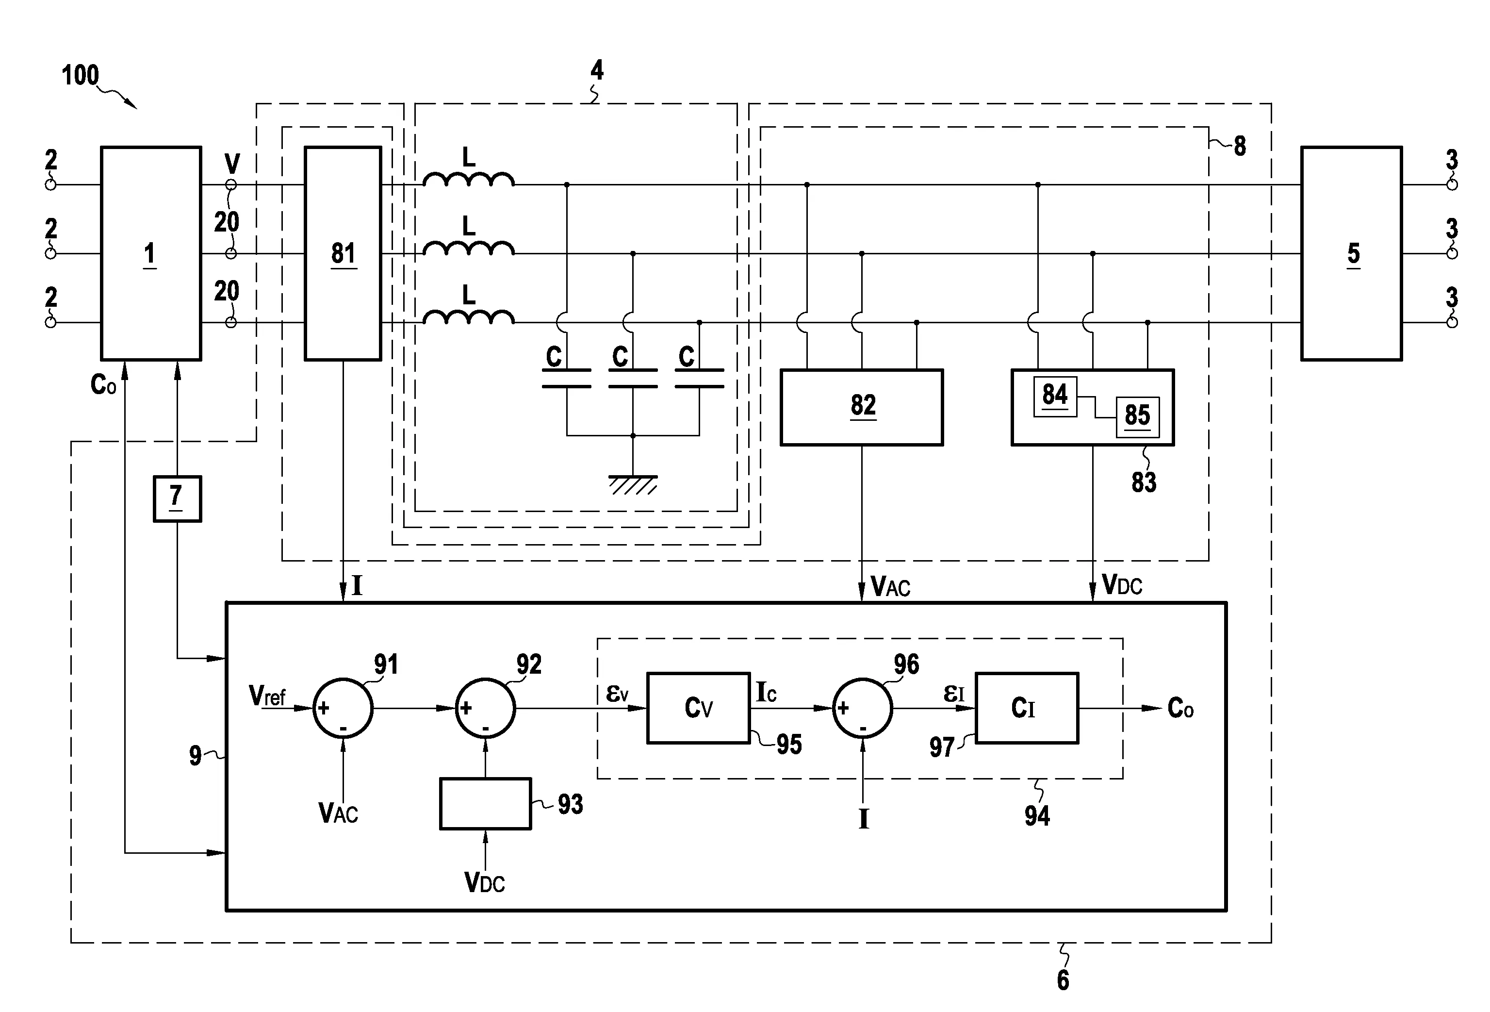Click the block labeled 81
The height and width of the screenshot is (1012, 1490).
point(343,253)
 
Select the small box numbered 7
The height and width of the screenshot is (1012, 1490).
point(177,498)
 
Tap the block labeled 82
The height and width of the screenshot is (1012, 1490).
point(861,407)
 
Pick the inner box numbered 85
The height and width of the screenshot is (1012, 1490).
point(1137,417)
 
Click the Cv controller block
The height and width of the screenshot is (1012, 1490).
point(698,708)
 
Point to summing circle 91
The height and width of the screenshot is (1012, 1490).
point(343,708)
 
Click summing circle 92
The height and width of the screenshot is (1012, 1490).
point(485,708)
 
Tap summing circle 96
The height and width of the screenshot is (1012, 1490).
point(862,708)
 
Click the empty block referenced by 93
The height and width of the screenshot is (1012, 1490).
point(485,804)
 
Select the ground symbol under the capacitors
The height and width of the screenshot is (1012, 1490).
point(632,484)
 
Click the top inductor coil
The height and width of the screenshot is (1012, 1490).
point(468,180)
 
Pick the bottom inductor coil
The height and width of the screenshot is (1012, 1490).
point(468,317)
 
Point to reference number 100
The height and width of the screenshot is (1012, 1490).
point(80,76)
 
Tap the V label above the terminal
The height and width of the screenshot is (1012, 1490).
point(232,164)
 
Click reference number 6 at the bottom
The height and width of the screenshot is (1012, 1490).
point(1063,980)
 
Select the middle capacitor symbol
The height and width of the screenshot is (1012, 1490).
point(632,379)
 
